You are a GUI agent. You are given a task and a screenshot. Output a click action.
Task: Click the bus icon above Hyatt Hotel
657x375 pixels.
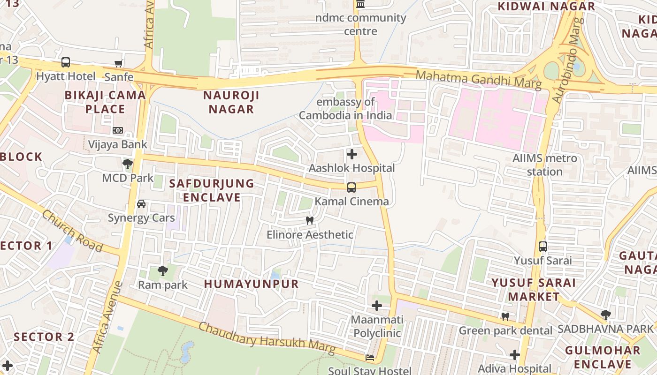click(x=66, y=62)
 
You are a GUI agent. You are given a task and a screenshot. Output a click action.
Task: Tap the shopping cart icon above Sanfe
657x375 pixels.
click(x=119, y=63)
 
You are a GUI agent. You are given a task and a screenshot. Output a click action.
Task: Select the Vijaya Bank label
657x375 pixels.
click(x=118, y=144)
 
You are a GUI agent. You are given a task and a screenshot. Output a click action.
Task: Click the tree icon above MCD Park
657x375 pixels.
click(x=127, y=164)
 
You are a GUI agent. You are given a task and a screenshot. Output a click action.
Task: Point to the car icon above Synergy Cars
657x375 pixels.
click(x=141, y=204)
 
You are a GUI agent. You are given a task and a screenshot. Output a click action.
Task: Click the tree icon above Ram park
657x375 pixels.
click(x=163, y=270)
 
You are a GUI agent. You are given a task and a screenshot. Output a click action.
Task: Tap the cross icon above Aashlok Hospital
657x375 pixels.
click(x=351, y=154)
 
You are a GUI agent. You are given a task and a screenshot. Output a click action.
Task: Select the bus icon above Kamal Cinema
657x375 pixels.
click(x=351, y=187)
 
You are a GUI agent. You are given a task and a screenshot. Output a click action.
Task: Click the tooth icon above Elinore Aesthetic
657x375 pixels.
click(x=309, y=220)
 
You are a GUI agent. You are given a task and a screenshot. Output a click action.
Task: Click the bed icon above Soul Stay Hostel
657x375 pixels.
click(x=370, y=357)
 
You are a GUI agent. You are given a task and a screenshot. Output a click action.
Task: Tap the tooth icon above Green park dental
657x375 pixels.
click(x=505, y=316)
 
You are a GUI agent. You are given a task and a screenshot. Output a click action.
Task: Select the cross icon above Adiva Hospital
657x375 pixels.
click(x=515, y=355)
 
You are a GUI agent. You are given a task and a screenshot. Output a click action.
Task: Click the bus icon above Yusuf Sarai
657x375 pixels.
click(x=543, y=247)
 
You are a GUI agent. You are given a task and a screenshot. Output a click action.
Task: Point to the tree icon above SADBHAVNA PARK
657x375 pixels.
click(x=606, y=315)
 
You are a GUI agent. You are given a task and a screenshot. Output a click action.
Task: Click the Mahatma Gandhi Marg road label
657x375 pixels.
click(x=479, y=79)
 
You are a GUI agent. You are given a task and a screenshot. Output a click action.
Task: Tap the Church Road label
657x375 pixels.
click(x=72, y=231)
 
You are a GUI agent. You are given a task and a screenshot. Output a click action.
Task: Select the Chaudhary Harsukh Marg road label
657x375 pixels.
click(x=267, y=338)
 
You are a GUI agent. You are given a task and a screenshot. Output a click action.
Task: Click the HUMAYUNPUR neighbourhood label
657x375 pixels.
click(x=252, y=284)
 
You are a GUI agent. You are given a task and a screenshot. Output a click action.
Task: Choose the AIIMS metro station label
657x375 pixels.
click(x=545, y=165)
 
